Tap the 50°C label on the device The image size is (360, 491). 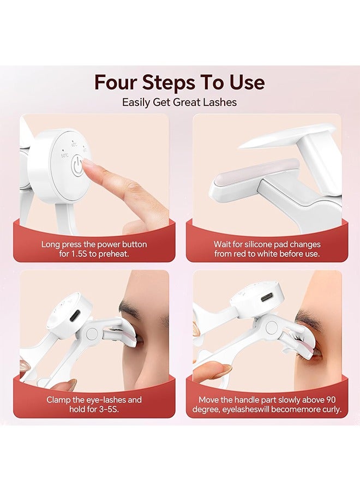pos(64,156)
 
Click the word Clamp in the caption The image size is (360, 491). pos(59,400)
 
